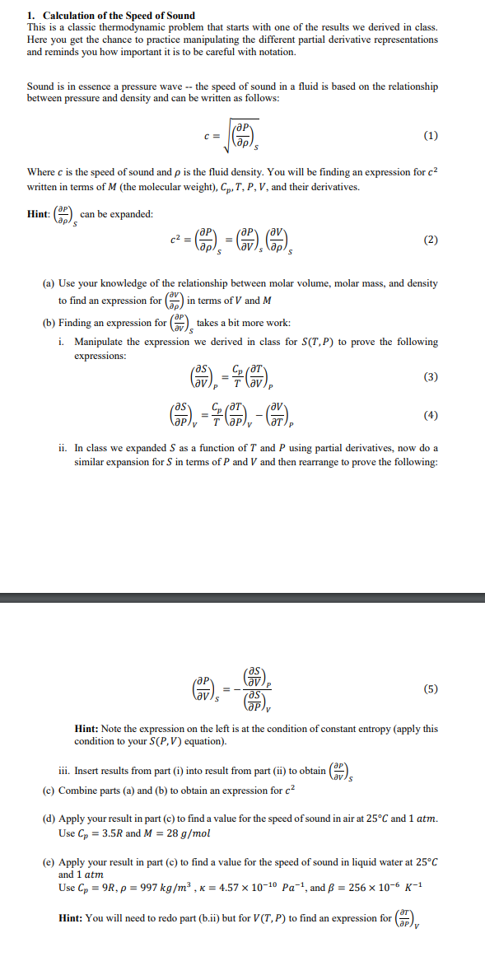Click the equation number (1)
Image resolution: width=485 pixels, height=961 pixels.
point(431,136)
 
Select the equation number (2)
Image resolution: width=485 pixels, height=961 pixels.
point(431,240)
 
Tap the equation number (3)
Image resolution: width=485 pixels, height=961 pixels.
point(431,377)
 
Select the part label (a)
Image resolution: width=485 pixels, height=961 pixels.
point(49,283)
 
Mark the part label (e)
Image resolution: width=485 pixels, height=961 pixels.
point(49,865)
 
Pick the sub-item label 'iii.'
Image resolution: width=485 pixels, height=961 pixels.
point(66,772)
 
